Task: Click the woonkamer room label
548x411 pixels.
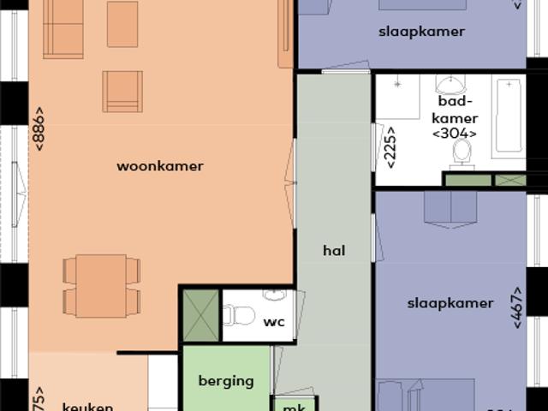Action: (160, 166)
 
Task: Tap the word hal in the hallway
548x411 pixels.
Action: (334, 251)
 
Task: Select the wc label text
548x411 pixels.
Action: (274, 323)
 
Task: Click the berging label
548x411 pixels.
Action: (226, 381)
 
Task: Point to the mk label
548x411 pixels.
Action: (295, 406)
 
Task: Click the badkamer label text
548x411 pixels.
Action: (455, 110)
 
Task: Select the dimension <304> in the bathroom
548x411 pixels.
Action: (455, 134)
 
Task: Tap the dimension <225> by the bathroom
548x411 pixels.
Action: (390, 146)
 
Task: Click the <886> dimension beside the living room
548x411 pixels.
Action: (39, 129)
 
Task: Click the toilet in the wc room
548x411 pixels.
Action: (239, 316)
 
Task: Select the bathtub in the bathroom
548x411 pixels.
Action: (509, 116)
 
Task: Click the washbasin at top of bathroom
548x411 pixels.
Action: (450, 84)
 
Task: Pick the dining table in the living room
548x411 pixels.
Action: (101, 286)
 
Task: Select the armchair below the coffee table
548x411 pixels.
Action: (122, 91)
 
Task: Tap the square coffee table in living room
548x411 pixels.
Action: (122, 24)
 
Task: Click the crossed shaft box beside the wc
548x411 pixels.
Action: (200, 315)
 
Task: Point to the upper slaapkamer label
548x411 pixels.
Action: (421, 32)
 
